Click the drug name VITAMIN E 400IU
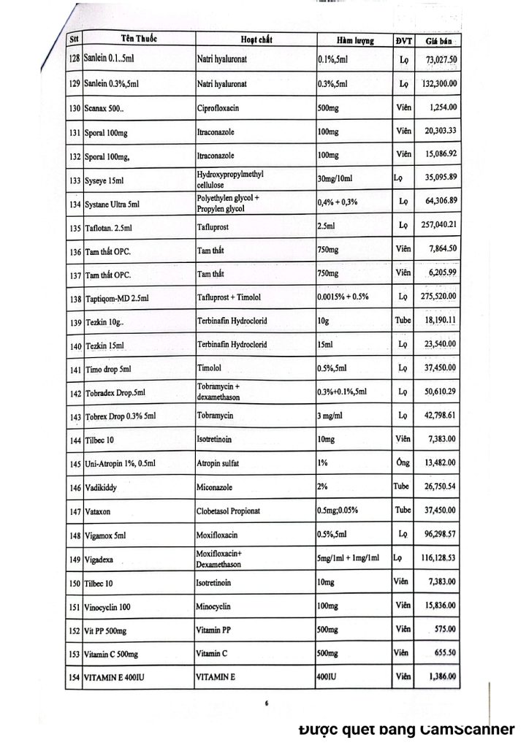click(x=113, y=678)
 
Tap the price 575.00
click(x=444, y=629)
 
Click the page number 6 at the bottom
click(x=267, y=703)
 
